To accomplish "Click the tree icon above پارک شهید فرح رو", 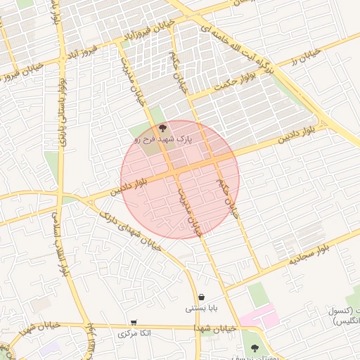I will point(163,128).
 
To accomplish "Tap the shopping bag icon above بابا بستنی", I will point(202,297).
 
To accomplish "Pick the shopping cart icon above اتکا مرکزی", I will point(134,322).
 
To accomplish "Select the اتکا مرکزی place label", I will point(134,333).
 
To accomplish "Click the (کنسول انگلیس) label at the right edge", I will point(345,316).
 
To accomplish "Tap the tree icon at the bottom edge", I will point(254,349).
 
